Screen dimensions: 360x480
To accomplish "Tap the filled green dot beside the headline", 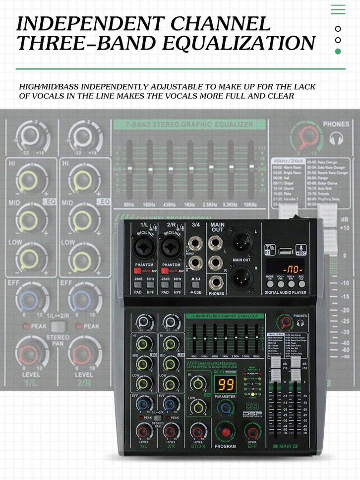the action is (338, 51).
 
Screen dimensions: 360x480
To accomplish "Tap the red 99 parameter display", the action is (226, 385).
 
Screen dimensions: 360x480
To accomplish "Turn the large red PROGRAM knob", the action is (226, 431).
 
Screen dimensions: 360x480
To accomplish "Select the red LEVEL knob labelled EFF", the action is (252, 430).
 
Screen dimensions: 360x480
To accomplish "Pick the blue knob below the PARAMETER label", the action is (227, 408).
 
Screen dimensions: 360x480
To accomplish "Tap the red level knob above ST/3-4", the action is (198, 430).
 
